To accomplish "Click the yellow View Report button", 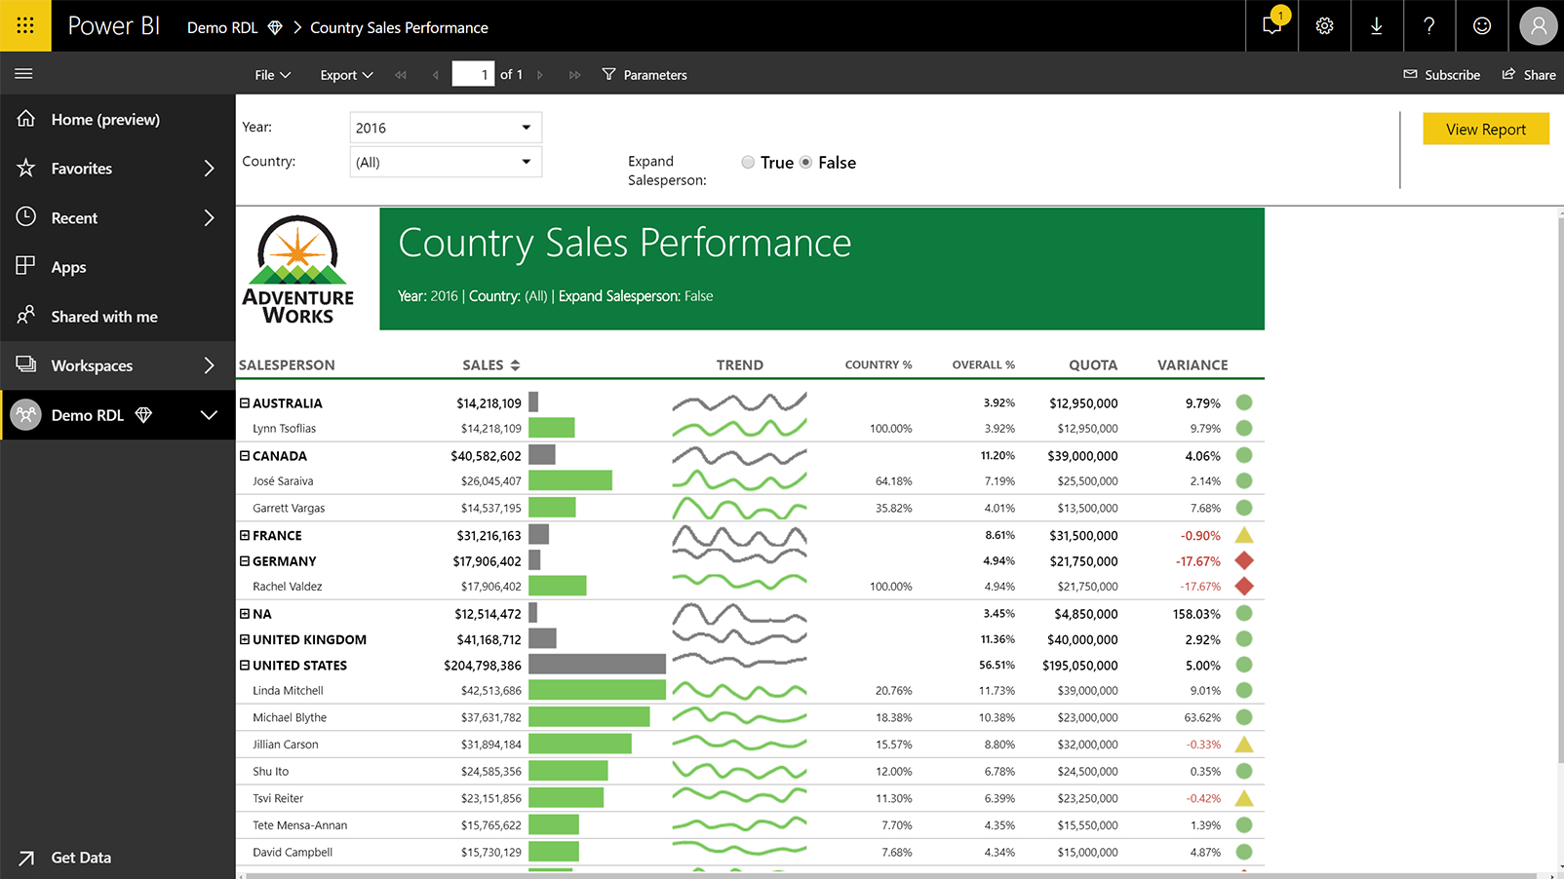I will point(1485,130).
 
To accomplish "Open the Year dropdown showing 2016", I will point(446,128).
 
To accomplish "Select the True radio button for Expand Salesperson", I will point(748,163).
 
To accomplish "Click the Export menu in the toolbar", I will point(346,75).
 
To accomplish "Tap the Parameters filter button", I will point(645,75).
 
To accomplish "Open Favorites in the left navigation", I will point(117,169).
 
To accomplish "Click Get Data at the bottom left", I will point(80,858).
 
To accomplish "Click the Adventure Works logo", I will point(297,270).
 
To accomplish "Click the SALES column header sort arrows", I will point(516,365).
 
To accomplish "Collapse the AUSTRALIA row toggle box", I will point(245,402).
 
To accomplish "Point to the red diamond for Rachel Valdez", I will point(1244,587).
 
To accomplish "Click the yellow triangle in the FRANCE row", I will point(1244,535).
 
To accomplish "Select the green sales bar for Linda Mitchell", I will point(597,690).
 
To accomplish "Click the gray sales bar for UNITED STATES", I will point(597,665).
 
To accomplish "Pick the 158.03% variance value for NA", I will point(1196,614).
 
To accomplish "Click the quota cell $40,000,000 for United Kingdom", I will point(1082,640).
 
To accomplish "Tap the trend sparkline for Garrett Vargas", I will point(739,508).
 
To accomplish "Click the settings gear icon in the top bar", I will point(1324,26).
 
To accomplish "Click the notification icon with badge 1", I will point(1272,25).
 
